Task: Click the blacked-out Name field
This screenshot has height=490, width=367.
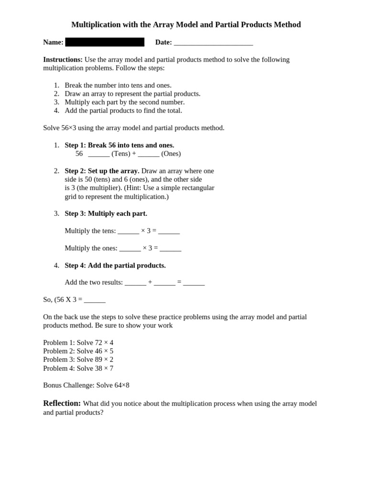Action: pyautogui.click(x=105, y=42)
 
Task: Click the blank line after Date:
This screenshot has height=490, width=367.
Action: pyautogui.click(x=213, y=43)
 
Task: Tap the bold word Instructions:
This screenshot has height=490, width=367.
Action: pyautogui.click(x=63, y=59)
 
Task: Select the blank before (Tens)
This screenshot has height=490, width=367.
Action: pyautogui.click(x=99, y=154)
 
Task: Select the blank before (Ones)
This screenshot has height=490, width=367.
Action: pyautogui.click(x=149, y=154)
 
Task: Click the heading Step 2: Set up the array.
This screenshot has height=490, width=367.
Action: pyautogui.click(x=102, y=171)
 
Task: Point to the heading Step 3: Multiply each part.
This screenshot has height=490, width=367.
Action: pyautogui.click(x=106, y=213)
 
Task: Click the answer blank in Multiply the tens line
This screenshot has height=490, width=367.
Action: pyautogui.click(x=169, y=231)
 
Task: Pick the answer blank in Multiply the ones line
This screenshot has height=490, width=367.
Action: pyautogui.click(x=171, y=248)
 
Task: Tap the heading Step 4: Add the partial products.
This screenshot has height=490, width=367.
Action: pyautogui.click(x=115, y=265)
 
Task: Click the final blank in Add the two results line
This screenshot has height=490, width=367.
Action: pyautogui.click(x=194, y=283)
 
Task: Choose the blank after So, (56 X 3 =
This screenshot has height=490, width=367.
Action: pyautogui.click(x=95, y=300)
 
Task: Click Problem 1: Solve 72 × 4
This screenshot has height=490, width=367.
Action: pyautogui.click(x=78, y=343)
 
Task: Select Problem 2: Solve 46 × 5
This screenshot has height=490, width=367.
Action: pyautogui.click(x=78, y=351)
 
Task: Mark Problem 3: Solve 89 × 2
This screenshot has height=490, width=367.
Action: pyautogui.click(x=78, y=359)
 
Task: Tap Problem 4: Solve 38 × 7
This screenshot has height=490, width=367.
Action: pyautogui.click(x=78, y=368)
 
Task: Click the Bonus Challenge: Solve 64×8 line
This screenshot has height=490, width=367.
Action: pyautogui.click(x=86, y=385)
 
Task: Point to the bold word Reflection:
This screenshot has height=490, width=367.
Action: pyautogui.click(x=62, y=403)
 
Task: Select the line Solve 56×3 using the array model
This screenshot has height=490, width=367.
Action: pyautogui.click(x=133, y=128)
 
